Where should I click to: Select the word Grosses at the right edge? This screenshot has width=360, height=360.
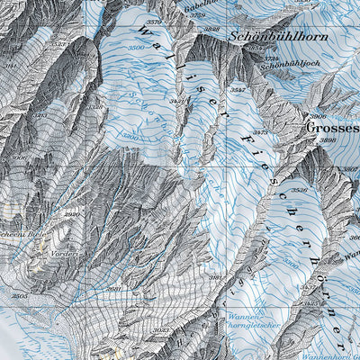[x=333, y=128]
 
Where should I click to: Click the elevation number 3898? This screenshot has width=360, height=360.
[x=328, y=140]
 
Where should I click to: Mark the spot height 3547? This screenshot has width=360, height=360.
[x=238, y=91]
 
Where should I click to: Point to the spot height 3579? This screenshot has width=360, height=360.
[x=155, y=22]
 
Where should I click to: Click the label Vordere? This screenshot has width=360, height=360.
[x=67, y=254]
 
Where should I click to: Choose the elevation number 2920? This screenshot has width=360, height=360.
[x=72, y=214]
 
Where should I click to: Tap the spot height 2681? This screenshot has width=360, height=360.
[x=114, y=289]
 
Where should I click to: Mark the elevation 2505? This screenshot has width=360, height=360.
[x=20, y=295]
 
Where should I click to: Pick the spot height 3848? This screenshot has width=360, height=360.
[x=212, y=30]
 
